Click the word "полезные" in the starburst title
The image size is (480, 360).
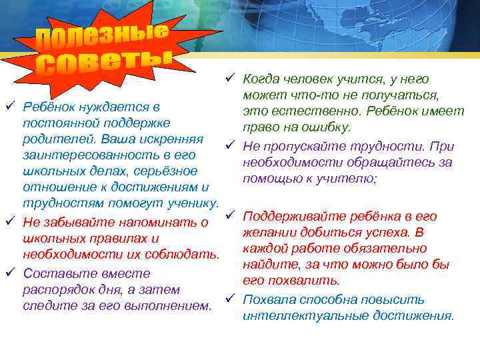(x=101, y=37)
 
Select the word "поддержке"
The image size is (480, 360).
(x=138, y=123)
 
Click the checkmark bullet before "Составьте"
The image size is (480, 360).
(x=9, y=273)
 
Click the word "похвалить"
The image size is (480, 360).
(x=311, y=281)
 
